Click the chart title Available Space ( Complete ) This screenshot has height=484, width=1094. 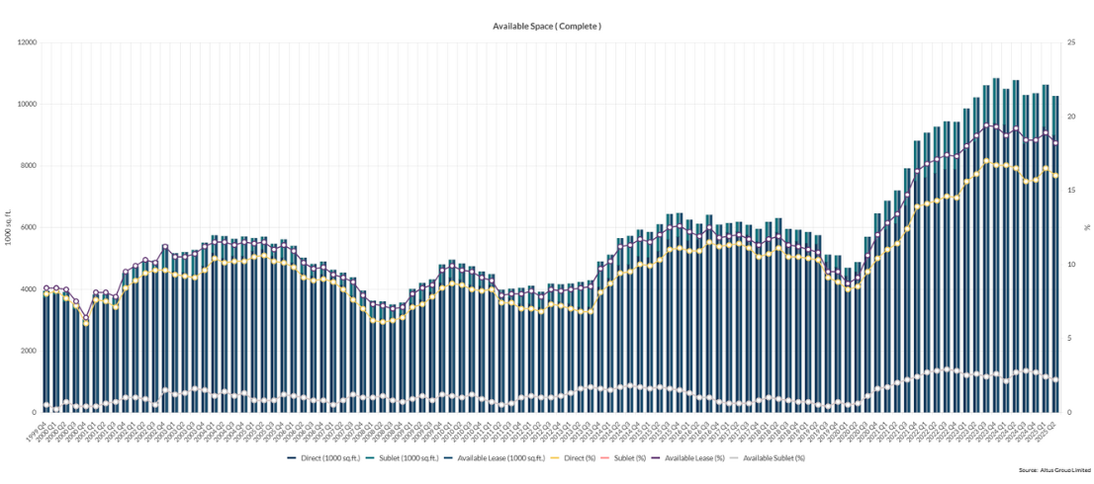point(546,25)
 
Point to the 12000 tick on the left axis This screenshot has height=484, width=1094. point(27,42)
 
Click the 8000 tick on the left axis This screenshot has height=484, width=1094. point(29,166)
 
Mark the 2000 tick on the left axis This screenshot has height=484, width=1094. point(29,351)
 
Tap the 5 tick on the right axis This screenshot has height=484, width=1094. point(1069,339)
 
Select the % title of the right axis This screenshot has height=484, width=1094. point(1087,227)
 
